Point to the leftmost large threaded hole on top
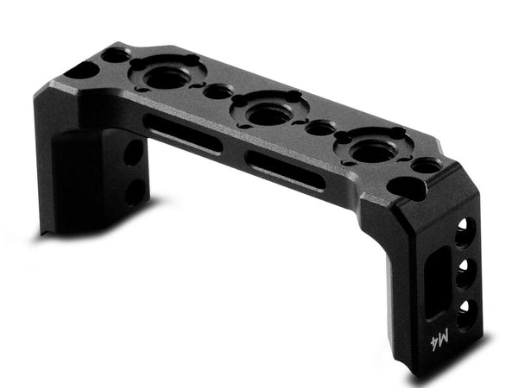pyautogui.click(x=165, y=78)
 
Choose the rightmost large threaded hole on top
pyautogui.click(x=373, y=148)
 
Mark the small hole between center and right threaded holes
pyautogui.click(x=320, y=128)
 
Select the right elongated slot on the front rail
pyautogui.click(x=284, y=169)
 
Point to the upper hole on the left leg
pyautogui.click(x=132, y=154)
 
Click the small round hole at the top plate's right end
pyautogui.click(x=423, y=166)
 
